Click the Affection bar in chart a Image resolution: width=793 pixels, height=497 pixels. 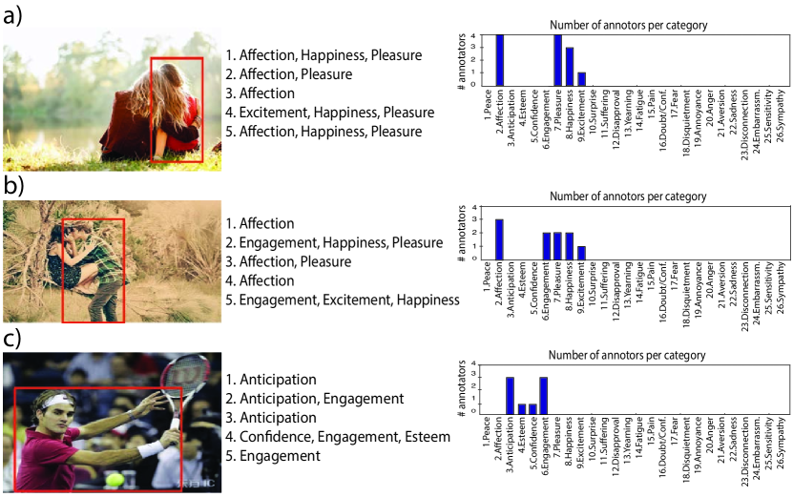point(499,59)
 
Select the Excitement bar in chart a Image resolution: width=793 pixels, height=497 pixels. point(582,78)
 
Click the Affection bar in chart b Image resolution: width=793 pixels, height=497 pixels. point(499,239)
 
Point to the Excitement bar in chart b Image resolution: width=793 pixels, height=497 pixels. point(582,253)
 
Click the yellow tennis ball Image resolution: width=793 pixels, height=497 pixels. point(115,479)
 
